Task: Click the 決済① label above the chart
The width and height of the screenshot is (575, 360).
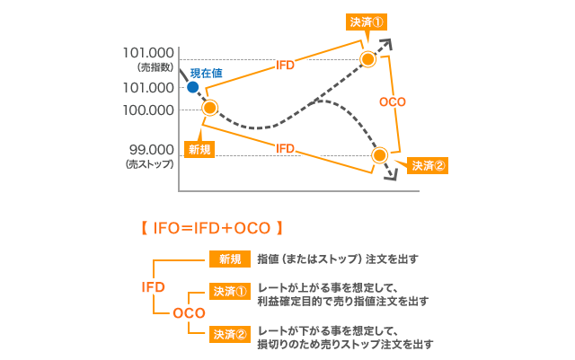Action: click(x=367, y=22)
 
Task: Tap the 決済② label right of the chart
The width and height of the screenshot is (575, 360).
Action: click(x=429, y=165)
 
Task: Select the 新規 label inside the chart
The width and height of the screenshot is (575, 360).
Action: click(x=199, y=149)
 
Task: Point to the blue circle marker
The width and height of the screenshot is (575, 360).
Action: click(x=192, y=87)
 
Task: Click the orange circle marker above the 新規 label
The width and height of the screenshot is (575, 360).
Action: click(x=210, y=108)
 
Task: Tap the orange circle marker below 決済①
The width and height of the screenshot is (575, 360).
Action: click(x=367, y=59)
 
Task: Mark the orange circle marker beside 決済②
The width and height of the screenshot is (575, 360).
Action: click(x=380, y=155)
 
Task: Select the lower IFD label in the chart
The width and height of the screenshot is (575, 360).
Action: click(x=285, y=147)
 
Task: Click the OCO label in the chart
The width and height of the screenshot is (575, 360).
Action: click(x=394, y=102)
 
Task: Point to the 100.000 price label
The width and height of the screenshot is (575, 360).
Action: click(x=149, y=110)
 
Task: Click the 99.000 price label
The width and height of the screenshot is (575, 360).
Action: click(x=151, y=149)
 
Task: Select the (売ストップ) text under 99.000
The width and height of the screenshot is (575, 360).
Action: click(x=151, y=163)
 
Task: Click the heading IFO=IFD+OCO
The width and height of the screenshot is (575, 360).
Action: click(x=212, y=228)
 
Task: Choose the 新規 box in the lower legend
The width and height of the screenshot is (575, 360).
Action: click(x=229, y=259)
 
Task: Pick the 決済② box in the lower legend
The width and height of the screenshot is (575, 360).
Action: click(x=229, y=334)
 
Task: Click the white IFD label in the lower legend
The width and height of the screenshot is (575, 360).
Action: click(x=154, y=286)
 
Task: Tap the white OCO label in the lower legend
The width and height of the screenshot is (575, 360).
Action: click(x=189, y=312)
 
